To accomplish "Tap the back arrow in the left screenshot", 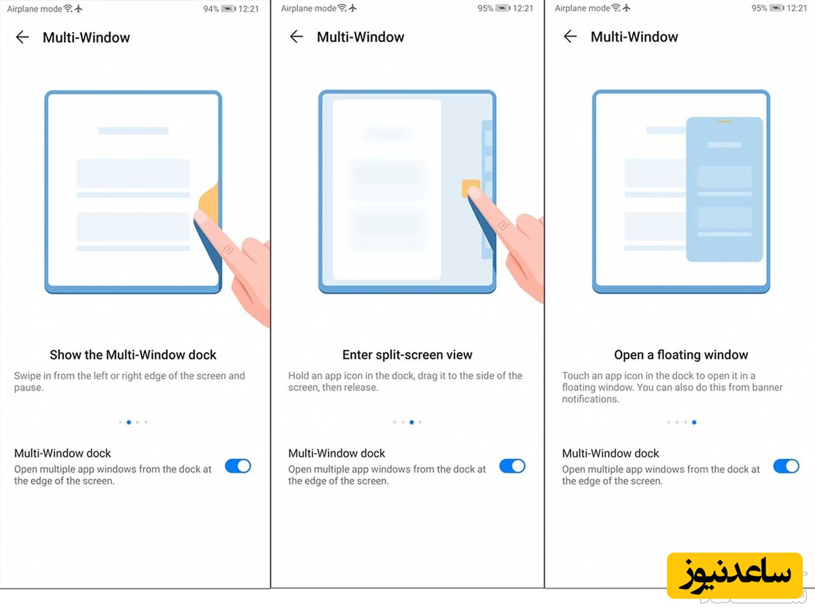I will pos(22,37).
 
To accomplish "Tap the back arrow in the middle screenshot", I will pos(296,37).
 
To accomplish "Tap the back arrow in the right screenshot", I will pos(570,37).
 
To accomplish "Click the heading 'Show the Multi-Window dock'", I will pos(133,354).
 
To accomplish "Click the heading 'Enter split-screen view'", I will pos(407,354).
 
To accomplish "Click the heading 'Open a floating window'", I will pos(681,354).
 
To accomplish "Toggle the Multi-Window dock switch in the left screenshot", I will pos(238,466).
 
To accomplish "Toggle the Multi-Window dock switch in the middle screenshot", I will pos(512,466).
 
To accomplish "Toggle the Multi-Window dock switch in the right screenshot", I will pos(786,466).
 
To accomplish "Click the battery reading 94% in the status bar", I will pos(211,9).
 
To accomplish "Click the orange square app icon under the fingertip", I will pos(470,188).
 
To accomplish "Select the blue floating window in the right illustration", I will pos(724,189).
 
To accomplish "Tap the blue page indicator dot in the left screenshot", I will pos(129,422).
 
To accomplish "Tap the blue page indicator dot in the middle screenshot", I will pos(412,422).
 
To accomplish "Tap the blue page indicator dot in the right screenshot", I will pos(693,422).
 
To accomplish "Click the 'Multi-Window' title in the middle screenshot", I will pos(360,37).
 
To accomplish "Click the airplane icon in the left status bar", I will pos(79,9).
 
